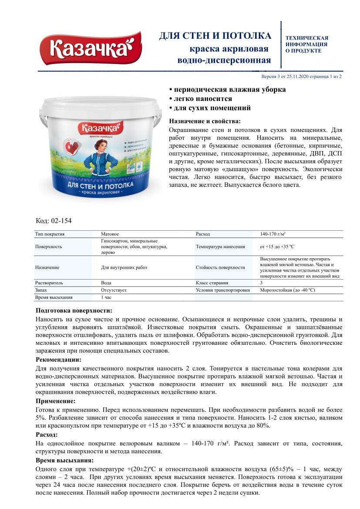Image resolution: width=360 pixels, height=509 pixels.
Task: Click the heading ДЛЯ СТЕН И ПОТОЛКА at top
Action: click(x=215, y=36)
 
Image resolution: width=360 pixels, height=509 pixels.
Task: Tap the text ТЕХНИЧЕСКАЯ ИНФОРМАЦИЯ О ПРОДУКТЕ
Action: click(x=306, y=44)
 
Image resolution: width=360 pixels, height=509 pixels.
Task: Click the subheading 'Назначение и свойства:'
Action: click(x=204, y=121)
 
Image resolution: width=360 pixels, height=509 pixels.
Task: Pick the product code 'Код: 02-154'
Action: click(x=53, y=221)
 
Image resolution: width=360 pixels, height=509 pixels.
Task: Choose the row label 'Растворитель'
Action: click(x=49, y=283)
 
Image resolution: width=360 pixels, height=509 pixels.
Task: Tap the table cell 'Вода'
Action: click(x=106, y=283)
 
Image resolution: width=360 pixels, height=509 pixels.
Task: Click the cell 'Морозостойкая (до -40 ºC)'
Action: click(x=287, y=290)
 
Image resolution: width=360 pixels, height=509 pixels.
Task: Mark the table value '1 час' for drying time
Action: click(x=107, y=297)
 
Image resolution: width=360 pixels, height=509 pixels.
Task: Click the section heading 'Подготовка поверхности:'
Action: click(x=74, y=310)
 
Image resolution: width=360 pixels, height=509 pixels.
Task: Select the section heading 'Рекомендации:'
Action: click(x=58, y=360)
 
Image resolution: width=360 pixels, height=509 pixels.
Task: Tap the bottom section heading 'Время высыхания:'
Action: click(x=64, y=460)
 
